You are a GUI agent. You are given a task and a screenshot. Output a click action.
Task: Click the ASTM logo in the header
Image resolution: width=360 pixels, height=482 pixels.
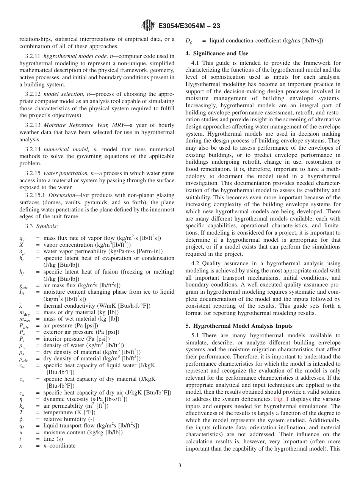[x=148, y=25]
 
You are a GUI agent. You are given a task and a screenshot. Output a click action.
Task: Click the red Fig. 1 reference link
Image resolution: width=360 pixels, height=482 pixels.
[x=281, y=399]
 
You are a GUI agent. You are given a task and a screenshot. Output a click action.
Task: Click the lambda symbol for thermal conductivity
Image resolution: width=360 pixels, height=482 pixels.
[x=21, y=306]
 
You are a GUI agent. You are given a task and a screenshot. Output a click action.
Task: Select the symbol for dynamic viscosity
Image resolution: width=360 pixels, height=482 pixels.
[x=21, y=399]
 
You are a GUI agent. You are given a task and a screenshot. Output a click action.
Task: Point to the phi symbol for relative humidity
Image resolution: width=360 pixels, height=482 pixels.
[x=21, y=419]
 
